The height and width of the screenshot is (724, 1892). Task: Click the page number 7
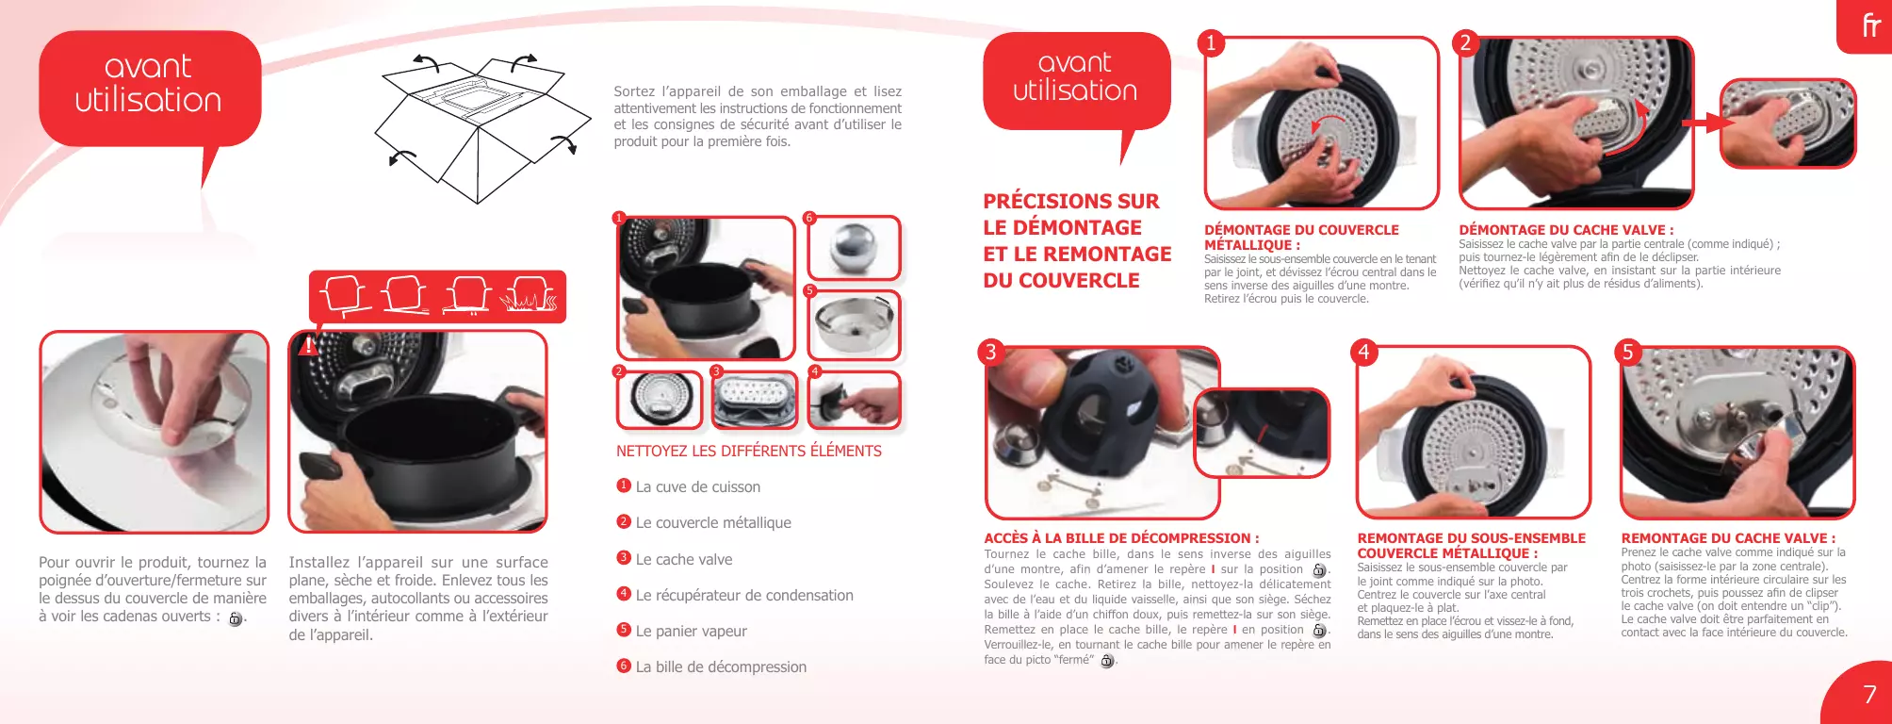click(x=1869, y=695)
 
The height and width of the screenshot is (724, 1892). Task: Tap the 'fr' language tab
click(x=1871, y=25)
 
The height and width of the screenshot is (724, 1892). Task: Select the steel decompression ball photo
click(x=854, y=248)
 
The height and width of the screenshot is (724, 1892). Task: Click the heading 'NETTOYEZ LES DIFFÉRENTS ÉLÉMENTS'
click(x=749, y=452)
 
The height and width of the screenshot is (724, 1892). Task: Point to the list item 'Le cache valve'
click(x=684, y=559)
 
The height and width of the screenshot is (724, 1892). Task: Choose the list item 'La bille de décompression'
click(x=721, y=666)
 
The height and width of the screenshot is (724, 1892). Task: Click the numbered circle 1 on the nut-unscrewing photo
click(x=1211, y=42)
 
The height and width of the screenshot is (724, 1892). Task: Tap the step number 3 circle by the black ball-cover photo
click(x=990, y=352)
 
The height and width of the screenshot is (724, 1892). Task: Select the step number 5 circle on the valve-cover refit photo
click(x=1627, y=352)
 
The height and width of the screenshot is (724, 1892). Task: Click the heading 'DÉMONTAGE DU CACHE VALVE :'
click(x=1566, y=230)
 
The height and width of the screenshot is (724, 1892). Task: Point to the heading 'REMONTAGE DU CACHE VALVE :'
click(x=1728, y=538)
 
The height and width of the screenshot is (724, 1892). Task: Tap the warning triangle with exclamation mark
click(x=307, y=345)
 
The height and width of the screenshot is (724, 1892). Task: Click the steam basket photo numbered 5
click(x=854, y=325)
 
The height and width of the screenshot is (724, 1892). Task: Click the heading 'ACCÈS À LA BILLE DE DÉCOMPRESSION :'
click(x=1121, y=538)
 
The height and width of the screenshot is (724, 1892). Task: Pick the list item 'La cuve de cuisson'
click(x=698, y=487)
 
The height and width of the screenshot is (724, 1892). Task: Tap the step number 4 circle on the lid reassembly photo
click(x=1363, y=352)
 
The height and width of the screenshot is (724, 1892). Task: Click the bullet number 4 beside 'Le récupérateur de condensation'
click(x=624, y=594)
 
